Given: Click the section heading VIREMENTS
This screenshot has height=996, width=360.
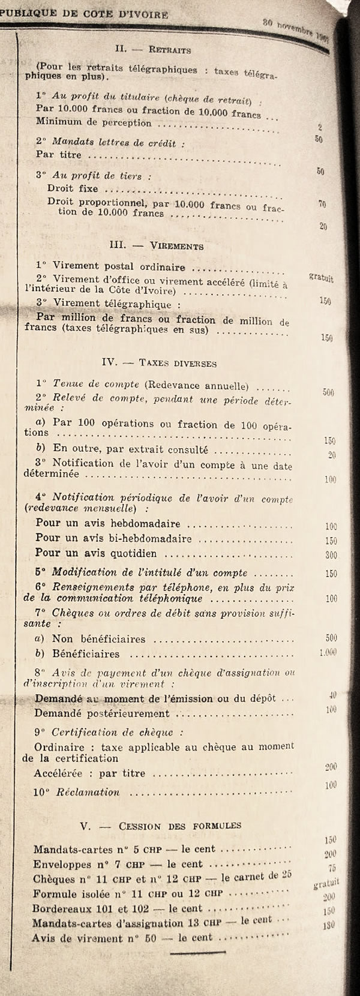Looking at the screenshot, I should click(178, 247).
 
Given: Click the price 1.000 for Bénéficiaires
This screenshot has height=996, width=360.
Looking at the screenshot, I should click(328, 652).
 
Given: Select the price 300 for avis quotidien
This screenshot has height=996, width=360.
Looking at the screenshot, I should click(331, 556).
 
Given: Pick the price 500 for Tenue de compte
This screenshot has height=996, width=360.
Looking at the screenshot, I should click(328, 393).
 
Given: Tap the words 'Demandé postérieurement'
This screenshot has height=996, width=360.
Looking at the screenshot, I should click(102, 714).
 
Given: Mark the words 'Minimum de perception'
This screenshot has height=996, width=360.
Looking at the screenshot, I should click(93, 123).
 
